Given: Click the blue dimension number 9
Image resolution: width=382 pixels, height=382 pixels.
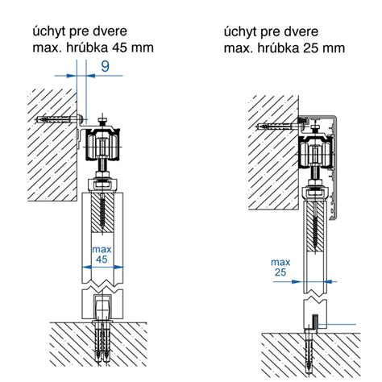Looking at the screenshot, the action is pyautogui.click(x=106, y=67).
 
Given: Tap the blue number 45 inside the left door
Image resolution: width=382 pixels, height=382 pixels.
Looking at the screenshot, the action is pyautogui.click(x=102, y=260).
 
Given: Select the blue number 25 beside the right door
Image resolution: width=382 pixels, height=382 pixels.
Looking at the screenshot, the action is pyautogui.click(x=280, y=272).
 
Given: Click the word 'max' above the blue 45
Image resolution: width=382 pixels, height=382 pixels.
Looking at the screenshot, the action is pyautogui.click(x=102, y=250).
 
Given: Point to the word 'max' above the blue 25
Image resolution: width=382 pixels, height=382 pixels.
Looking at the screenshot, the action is pyautogui.click(x=280, y=262).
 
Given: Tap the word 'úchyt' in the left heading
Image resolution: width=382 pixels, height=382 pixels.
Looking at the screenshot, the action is pyautogui.click(x=50, y=31).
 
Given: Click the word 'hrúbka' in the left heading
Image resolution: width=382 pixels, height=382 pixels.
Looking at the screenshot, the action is pyautogui.click(x=87, y=48).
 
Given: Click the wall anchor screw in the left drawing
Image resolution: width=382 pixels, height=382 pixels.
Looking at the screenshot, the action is pyautogui.click(x=59, y=119).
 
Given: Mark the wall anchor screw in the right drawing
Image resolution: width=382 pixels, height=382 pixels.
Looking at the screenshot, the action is pyautogui.click(x=280, y=126).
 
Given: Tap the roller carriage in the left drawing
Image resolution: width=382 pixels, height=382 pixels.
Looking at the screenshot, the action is pyautogui.click(x=102, y=145).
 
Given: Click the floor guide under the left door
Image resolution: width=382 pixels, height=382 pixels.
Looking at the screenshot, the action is pyautogui.click(x=102, y=308).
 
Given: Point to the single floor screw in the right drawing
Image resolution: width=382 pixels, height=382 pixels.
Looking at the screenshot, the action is pyautogui.click(x=308, y=352).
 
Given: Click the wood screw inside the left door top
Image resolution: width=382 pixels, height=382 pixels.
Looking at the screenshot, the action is pyautogui.click(x=102, y=211).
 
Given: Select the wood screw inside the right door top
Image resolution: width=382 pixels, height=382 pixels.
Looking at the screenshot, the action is pyautogui.click(x=316, y=226).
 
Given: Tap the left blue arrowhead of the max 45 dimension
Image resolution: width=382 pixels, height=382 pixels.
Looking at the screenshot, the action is pyautogui.click(x=87, y=267).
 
